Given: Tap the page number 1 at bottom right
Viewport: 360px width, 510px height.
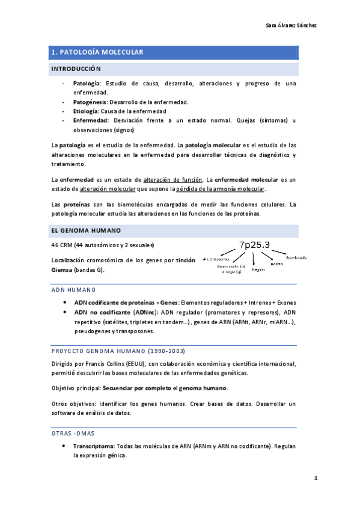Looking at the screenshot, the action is coord(315,478).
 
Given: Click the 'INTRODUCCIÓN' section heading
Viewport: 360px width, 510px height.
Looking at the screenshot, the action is coord(76,69).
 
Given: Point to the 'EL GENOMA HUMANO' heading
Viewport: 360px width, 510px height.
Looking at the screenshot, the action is coord(86,230).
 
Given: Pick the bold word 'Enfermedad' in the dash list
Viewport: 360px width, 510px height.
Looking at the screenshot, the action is coord(91,120).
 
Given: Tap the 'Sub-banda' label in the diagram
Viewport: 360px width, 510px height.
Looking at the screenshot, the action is coord(296,257).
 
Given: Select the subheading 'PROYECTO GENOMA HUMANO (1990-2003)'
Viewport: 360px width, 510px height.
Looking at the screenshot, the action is coord(109,351).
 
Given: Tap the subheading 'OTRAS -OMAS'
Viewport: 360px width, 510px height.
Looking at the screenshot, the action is coord(73,433).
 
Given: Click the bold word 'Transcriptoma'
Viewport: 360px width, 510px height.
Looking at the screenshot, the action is coord(93,447).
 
